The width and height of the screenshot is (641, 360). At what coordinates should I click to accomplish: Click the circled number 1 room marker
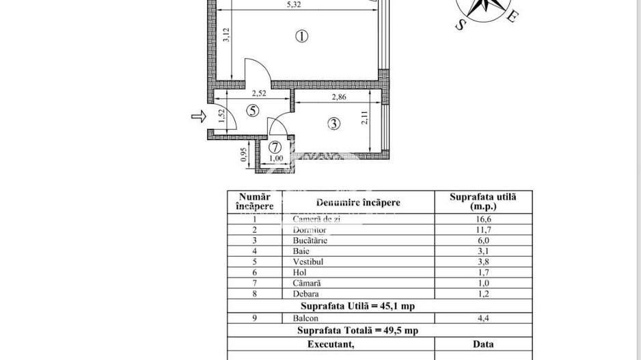tap(301, 37)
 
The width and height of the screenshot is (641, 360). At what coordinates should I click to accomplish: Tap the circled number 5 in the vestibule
tap(254, 111)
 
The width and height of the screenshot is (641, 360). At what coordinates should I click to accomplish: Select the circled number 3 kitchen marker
tap(333, 124)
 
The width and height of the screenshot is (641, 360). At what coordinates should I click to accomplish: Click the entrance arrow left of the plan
tap(198, 117)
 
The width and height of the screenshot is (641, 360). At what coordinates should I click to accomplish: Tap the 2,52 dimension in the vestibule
tap(258, 94)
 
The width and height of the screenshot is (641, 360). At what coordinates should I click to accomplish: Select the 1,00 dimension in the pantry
tap(276, 159)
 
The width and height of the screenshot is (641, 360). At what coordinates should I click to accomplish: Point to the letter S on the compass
tap(460, 25)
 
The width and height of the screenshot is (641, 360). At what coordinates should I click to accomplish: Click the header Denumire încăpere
tap(358, 202)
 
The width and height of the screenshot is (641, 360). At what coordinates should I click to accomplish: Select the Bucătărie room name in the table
tap(310, 240)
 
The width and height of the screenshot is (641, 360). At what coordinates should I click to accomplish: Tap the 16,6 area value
tap(482, 219)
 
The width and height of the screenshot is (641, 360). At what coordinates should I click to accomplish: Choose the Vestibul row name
tap(308, 262)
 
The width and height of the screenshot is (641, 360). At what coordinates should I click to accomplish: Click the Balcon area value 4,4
tap(482, 317)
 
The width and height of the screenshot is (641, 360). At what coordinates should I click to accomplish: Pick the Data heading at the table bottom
tap(482, 344)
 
